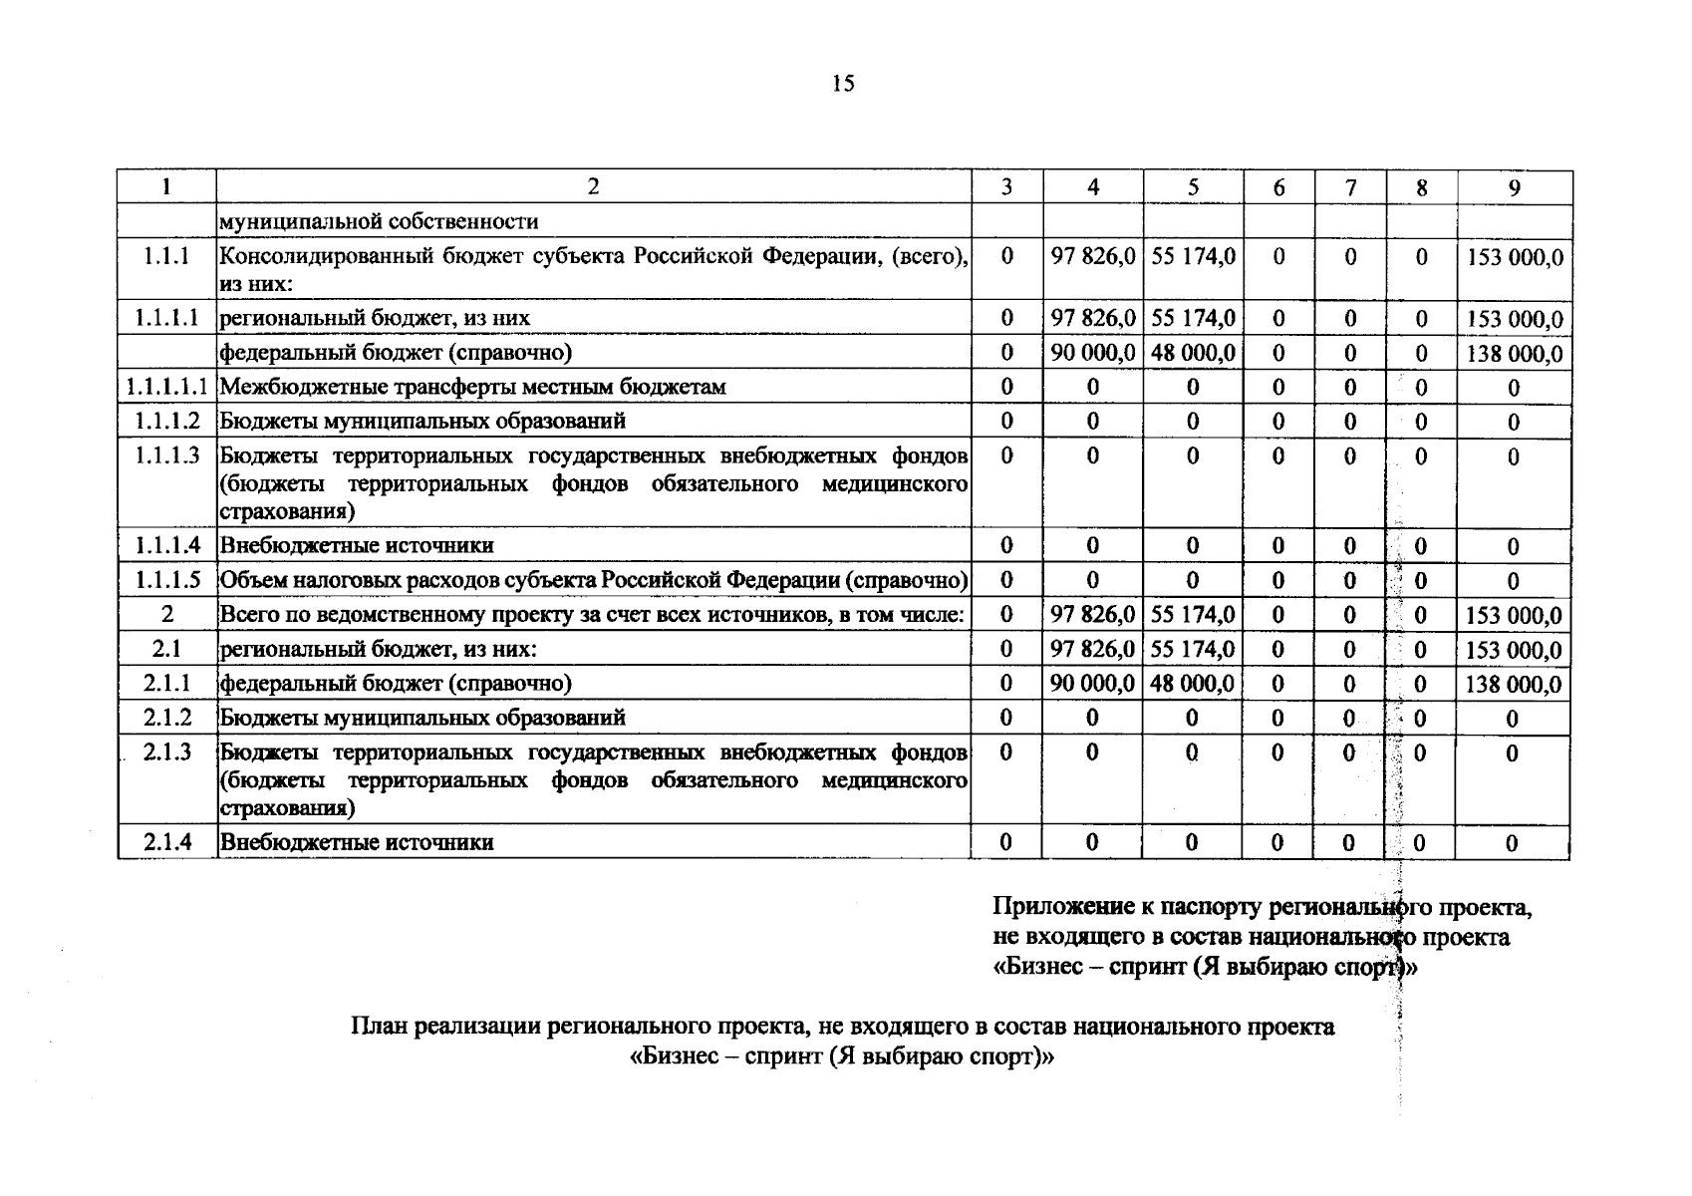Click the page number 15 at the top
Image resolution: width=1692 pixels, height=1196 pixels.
(x=843, y=84)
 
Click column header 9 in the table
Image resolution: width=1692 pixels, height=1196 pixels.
(x=1514, y=188)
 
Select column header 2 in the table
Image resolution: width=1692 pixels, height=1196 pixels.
(x=593, y=187)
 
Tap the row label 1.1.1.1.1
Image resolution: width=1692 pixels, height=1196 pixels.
(x=166, y=387)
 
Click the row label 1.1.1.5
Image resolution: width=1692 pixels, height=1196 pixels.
(x=166, y=580)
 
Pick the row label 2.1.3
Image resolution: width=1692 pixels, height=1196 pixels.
(x=166, y=752)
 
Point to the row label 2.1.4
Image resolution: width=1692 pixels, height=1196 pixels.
(x=166, y=842)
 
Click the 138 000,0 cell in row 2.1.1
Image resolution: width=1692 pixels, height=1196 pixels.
(x=1513, y=685)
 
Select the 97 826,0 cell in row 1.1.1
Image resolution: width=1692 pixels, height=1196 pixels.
(x=1093, y=257)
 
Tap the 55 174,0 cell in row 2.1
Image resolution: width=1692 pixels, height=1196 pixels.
(x=1192, y=650)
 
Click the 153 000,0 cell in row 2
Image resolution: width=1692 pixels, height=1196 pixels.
(x=1513, y=616)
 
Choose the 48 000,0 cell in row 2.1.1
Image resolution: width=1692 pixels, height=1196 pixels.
(x=1192, y=684)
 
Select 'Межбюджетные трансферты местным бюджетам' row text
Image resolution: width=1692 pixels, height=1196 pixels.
(x=472, y=387)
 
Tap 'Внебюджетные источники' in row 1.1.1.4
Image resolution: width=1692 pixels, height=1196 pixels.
(x=357, y=546)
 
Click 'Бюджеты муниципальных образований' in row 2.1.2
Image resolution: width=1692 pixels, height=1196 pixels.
(x=423, y=718)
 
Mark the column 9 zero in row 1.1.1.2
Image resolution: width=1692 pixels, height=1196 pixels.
(x=1513, y=423)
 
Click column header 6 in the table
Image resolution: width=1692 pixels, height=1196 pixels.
(x=1278, y=188)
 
